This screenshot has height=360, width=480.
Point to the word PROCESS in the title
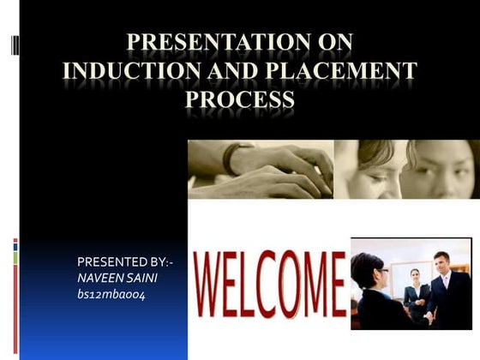(x=240, y=100)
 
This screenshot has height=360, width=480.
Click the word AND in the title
(x=227, y=72)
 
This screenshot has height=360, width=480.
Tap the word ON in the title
(x=329, y=43)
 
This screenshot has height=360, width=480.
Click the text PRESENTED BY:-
(x=125, y=261)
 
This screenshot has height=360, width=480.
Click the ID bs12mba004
(x=112, y=295)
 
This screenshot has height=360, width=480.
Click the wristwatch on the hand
(x=229, y=158)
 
